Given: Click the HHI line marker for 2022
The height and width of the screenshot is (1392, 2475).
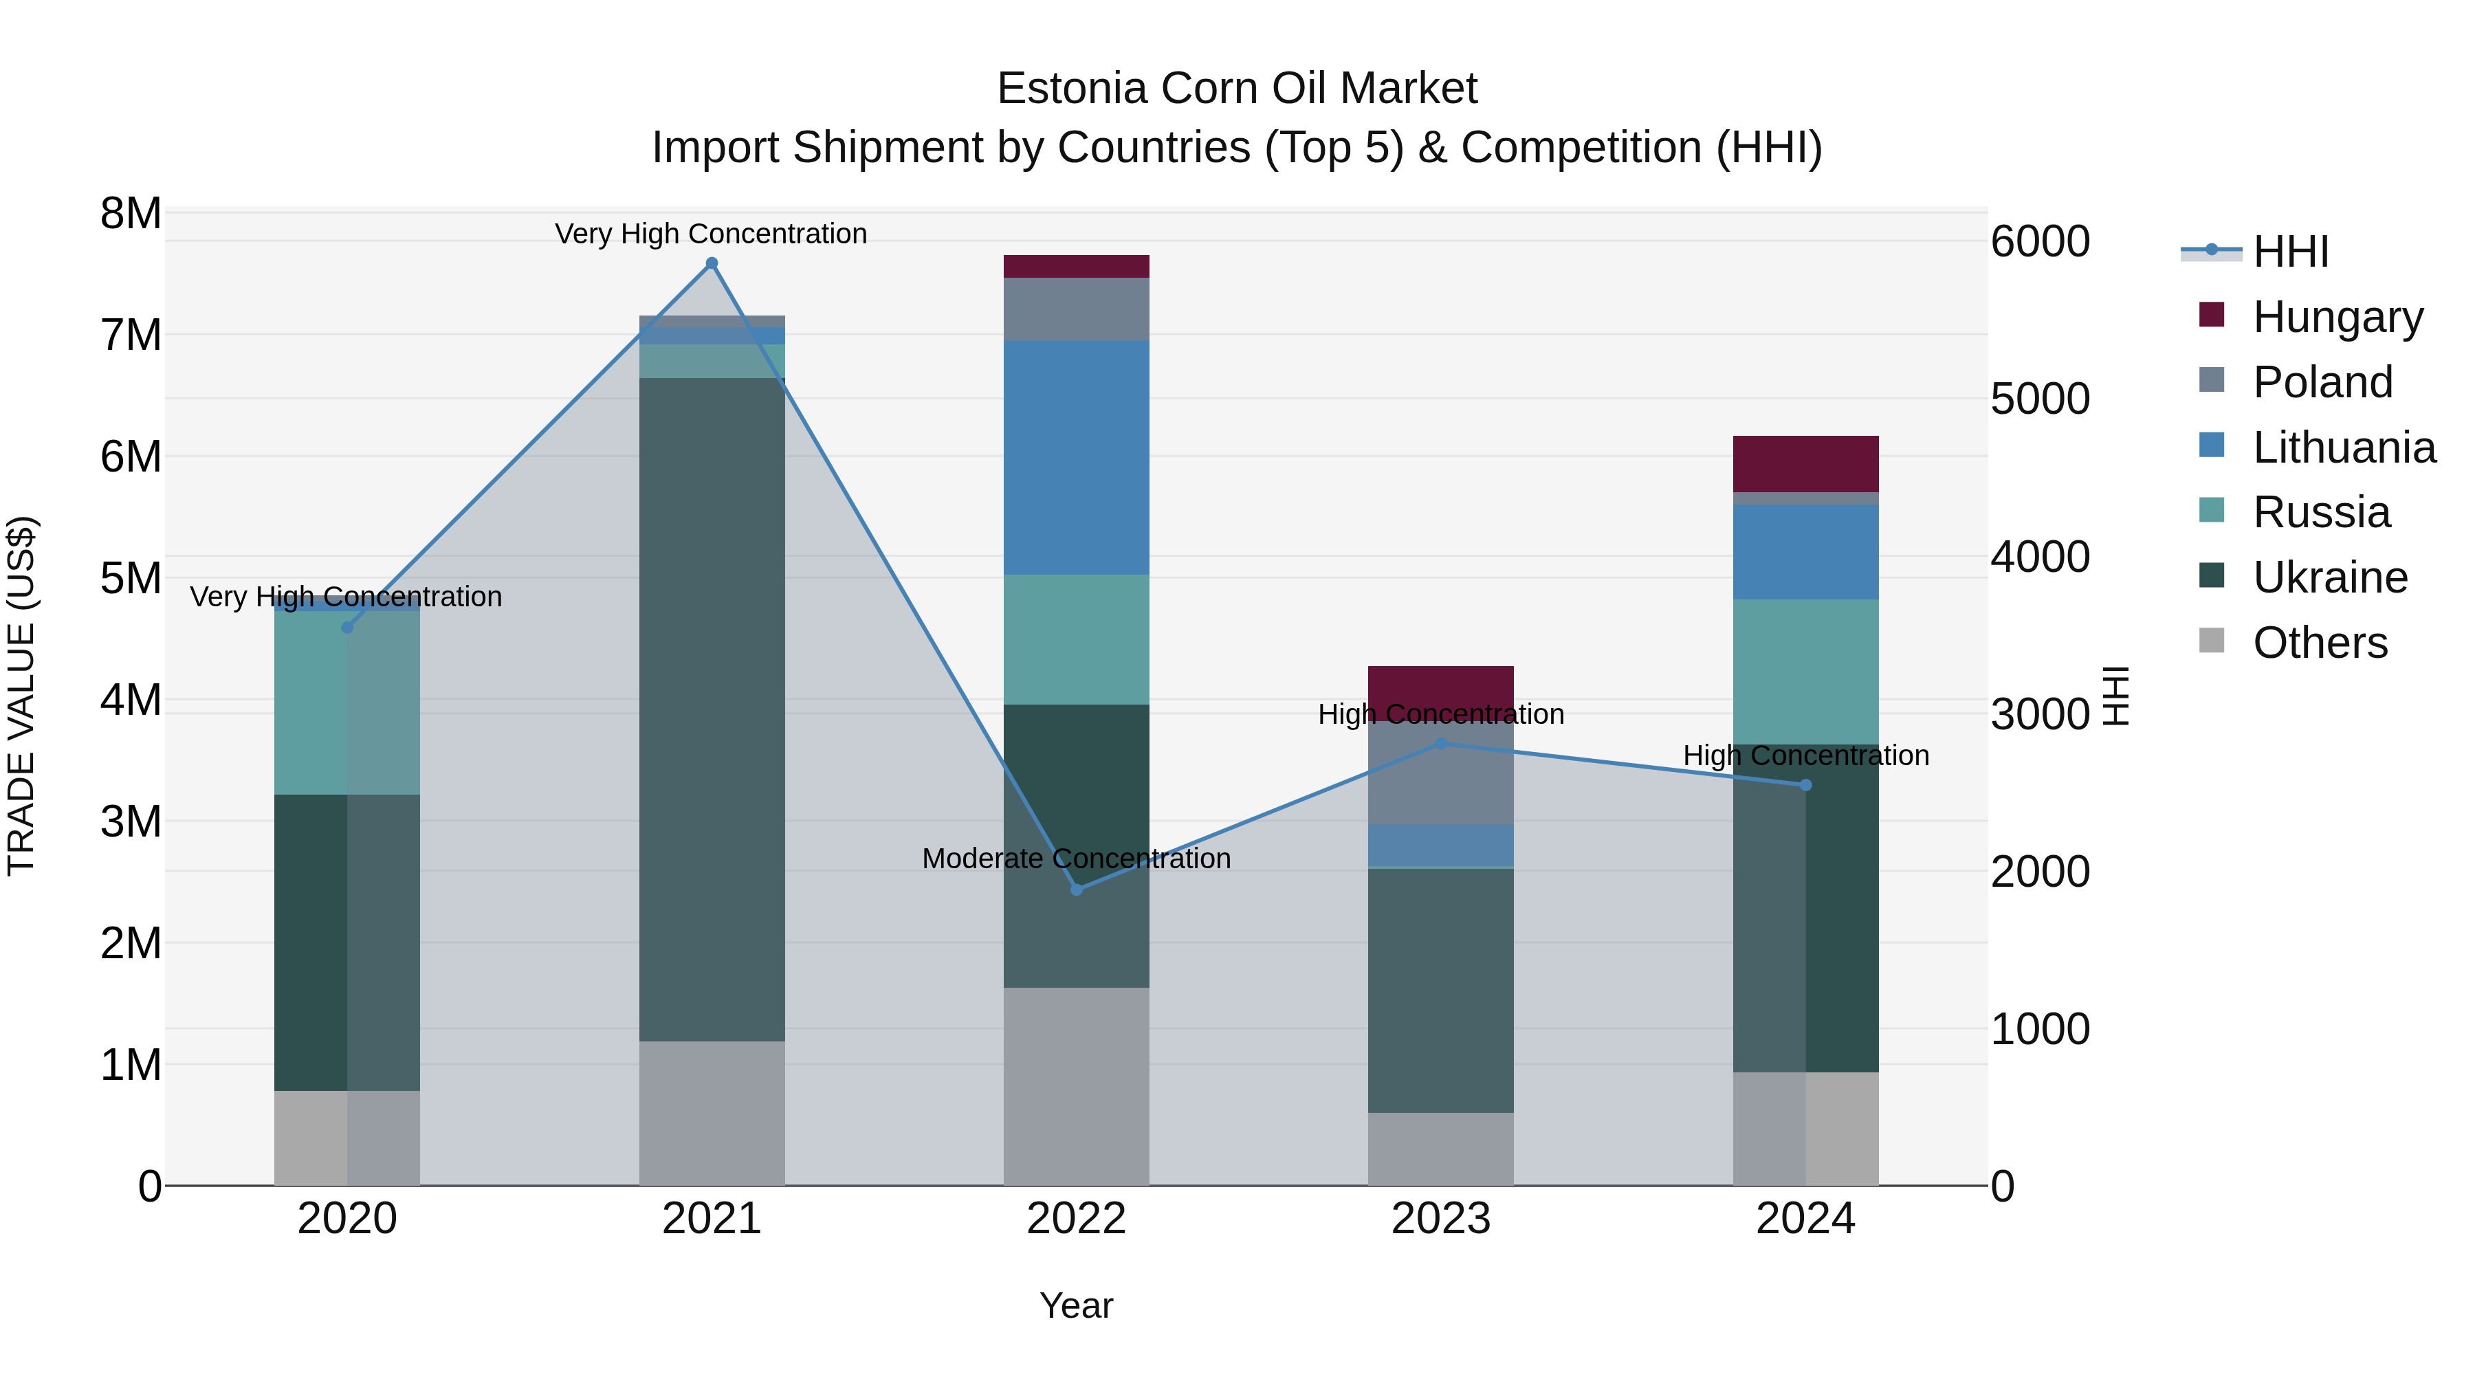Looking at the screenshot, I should [1076, 890].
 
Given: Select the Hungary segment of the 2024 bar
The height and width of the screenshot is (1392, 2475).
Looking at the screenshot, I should [1805, 464].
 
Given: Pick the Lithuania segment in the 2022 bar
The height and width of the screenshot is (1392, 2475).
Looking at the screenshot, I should [1076, 457].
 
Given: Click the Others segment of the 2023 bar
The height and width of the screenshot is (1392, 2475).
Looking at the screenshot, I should [1440, 1149].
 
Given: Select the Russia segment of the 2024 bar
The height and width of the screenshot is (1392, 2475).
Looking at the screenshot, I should [1805, 672].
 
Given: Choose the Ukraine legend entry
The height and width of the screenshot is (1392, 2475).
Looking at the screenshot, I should [2329, 577].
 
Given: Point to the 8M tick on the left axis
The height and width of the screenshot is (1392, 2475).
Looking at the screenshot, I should [131, 213].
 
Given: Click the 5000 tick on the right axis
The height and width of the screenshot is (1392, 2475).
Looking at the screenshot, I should [2040, 399].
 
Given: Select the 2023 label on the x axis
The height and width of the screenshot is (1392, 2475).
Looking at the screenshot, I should [1440, 1219].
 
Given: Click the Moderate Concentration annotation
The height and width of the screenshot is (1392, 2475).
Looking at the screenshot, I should [1076, 858].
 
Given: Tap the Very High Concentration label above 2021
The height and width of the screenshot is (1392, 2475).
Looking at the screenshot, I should [711, 234].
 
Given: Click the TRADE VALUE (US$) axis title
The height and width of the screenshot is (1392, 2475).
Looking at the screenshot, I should [21, 696].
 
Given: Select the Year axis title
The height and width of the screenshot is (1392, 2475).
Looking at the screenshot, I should [1076, 1305].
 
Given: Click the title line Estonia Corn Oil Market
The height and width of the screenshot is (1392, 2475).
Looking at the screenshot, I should [1237, 89].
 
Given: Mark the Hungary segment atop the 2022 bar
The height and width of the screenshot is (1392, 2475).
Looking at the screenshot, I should [1076, 266].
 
